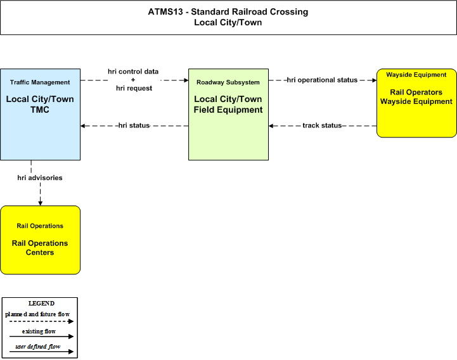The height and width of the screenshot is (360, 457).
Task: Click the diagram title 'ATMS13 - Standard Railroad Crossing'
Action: [228, 11]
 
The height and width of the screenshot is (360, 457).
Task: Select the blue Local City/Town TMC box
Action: [40, 114]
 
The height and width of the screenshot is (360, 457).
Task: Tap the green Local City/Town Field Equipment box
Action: [228, 114]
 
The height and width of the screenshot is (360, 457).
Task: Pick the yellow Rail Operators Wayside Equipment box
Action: [416, 103]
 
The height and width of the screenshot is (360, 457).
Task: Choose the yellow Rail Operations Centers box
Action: [40, 240]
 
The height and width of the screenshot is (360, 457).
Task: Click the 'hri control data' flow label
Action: [133, 72]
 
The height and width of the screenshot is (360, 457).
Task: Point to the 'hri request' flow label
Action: [134, 88]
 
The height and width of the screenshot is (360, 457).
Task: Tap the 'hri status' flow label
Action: [134, 125]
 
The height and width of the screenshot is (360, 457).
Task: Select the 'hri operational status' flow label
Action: [322, 80]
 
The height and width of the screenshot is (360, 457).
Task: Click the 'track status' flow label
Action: [322, 125]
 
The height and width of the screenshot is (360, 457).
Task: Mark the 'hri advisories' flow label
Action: [40, 177]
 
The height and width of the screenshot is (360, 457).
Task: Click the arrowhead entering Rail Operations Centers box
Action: [40, 203]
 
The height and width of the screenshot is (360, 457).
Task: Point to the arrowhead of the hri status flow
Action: [83, 126]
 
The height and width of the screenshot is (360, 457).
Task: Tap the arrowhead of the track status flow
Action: [271, 126]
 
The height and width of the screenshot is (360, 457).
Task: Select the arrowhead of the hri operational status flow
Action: [374, 80]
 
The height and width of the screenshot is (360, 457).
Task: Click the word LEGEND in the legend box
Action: [41, 304]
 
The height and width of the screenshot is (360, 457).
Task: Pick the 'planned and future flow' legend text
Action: [37, 314]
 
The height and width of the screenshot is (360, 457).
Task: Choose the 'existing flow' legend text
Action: [39, 331]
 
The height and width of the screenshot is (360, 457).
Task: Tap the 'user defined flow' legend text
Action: [38, 347]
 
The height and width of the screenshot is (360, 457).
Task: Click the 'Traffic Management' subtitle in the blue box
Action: [40, 82]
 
